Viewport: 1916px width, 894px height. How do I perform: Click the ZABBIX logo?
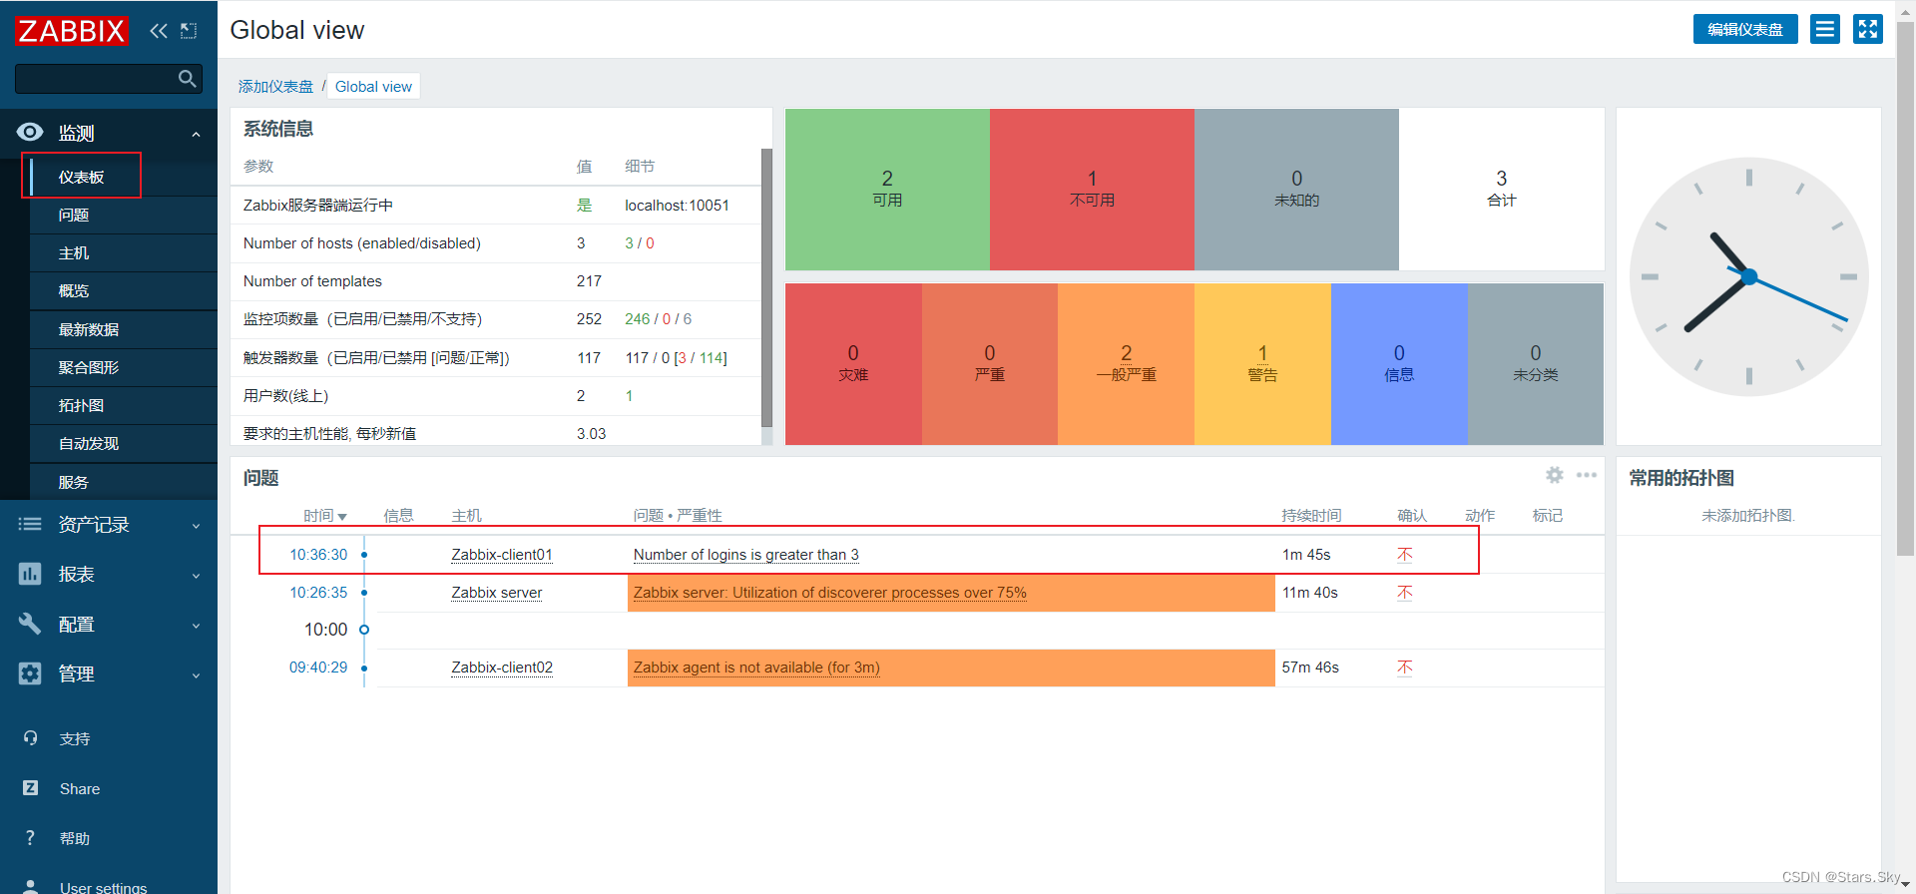click(72, 31)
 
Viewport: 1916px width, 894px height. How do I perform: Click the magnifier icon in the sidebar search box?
click(187, 79)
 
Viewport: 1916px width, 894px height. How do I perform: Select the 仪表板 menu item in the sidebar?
click(81, 177)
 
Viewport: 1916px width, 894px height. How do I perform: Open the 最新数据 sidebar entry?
click(89, 329)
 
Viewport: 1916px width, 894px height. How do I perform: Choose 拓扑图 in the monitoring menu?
click(81, 405)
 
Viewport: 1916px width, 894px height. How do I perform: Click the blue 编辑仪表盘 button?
click(1745, 29)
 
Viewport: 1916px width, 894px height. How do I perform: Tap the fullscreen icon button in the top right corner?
click(1868, 29)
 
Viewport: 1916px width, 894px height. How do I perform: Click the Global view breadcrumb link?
click(373, 87)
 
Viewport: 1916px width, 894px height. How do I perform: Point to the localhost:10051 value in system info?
click(677, 205)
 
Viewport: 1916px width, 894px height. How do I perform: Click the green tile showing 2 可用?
click(887, 189)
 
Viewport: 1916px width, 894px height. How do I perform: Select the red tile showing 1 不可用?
click(1092, 189)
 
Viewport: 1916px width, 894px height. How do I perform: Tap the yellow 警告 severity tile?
click(1262, 364)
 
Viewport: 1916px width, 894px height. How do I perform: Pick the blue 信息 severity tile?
click(1399, 364)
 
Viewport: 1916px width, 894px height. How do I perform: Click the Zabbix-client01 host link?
click(502, 555)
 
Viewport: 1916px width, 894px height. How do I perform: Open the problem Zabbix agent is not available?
click(756, 668)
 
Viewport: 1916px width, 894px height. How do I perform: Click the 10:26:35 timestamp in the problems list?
click(318, 593)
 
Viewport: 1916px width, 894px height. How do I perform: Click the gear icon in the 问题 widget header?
click(1555, 475)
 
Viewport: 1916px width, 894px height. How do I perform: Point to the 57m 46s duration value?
click(1310, 668)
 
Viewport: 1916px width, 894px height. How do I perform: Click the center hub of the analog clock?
click(1748, 276)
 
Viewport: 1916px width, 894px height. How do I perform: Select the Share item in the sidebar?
click(80, 788)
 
